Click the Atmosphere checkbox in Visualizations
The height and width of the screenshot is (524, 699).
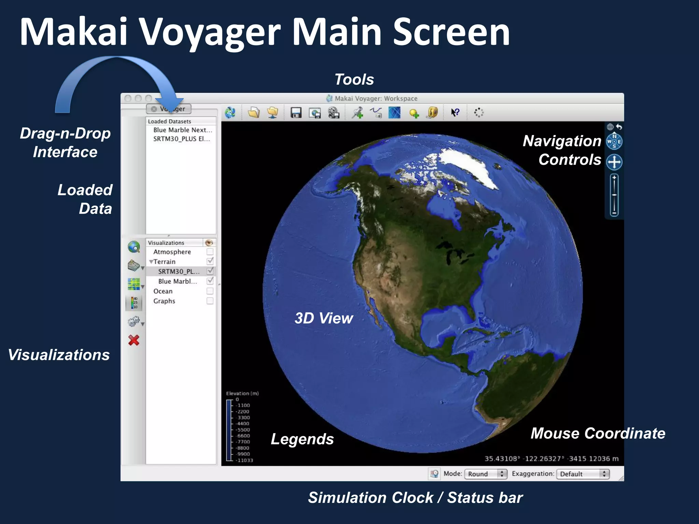(x=210, y=252)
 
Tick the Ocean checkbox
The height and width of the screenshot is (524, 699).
(x=210, y=291)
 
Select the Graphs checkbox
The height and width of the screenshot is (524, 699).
(x=210, y=301)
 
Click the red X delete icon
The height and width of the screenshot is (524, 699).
(x=134, y=340)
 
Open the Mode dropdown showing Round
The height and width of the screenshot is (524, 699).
(x=485, y=474)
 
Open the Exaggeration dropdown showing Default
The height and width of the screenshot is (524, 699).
(x=583, y=474)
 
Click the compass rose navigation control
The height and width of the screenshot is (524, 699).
(x=614, y=142)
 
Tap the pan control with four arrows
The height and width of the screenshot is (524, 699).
(x=614, y=162)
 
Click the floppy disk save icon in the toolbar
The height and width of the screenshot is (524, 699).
(x=296, y=113)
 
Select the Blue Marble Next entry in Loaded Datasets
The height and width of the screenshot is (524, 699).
(x=182, y=130)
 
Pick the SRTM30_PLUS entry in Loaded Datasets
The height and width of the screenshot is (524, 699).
(x=181, y=139)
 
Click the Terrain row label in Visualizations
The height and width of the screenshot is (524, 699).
(x=165, y=262)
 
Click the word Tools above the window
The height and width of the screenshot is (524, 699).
(x=354, y=79)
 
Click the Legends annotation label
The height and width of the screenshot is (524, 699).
(x=302, y=439)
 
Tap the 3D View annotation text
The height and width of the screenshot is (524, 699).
(x=324, y=318)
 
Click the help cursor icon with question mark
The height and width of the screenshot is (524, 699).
(x=455, y=112)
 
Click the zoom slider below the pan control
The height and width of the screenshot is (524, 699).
(x=614, y=195)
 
